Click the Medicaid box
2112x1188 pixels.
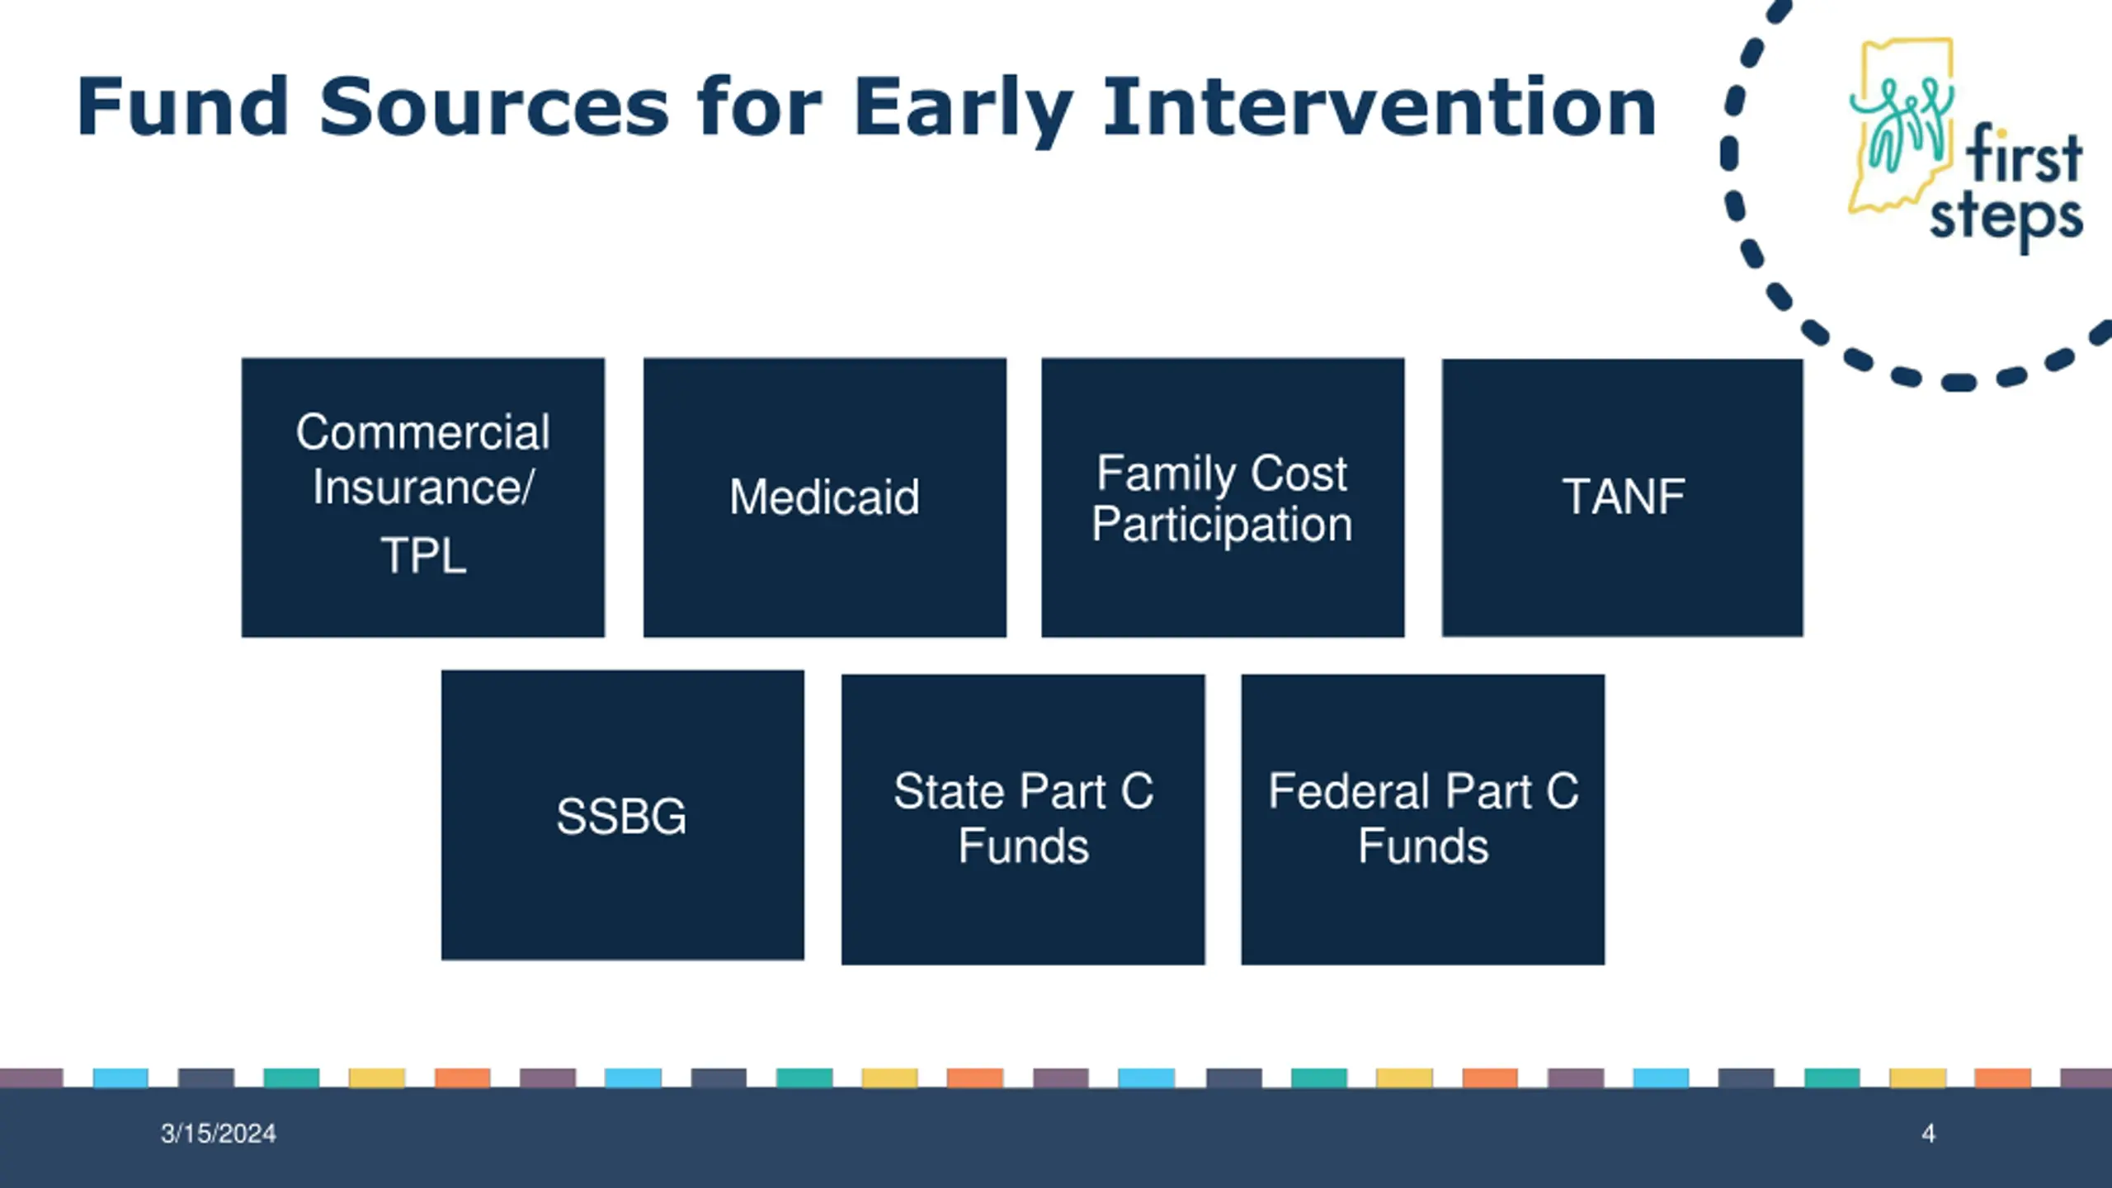coord(824,497)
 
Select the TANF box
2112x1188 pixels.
coord(1622,497)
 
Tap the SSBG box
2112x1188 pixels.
coord(623,815)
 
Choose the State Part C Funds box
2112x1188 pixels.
coord(1023,819)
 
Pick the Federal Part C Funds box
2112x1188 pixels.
coord(1423,819)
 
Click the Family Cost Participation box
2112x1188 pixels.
coord(1223,497)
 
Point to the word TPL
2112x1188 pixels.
coord(423,555)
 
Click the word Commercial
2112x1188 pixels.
coord(423,431)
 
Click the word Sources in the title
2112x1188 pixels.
coord(494,106)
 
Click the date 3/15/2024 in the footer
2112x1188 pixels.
coord(219,1134)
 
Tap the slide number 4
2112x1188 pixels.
coord(1928,1134)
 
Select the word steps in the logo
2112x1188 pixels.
coord(2006,219)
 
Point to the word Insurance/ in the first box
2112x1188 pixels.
coord(423,487)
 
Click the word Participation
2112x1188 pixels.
coord(1223,524)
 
